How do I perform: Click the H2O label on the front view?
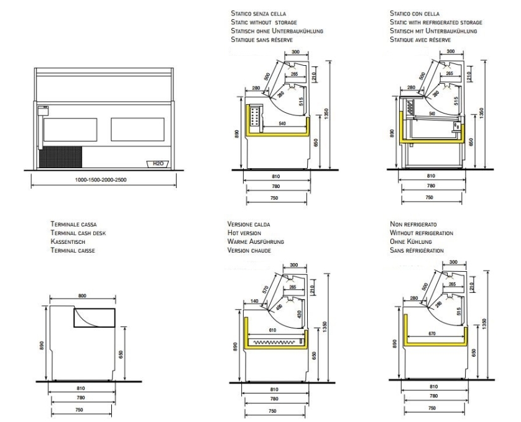click(158, 164)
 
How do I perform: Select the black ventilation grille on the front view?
click(61, 157)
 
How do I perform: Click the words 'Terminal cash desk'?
click(74, 233)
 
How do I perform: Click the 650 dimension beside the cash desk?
click(121, 352)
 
